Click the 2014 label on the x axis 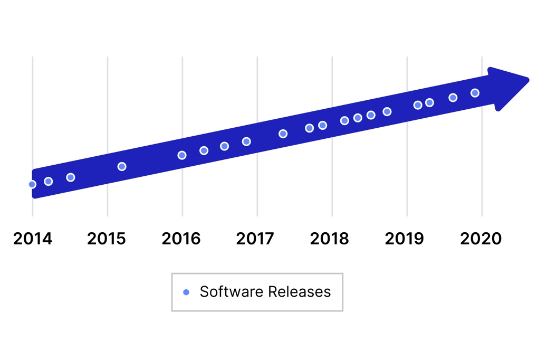33,239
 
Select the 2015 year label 107,239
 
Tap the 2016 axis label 181,239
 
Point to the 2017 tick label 255,239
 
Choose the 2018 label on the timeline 330,239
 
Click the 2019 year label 405,239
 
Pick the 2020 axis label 481,239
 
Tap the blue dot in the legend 186,292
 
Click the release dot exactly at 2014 32,184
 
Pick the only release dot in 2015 122,167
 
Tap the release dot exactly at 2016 182,155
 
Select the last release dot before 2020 475,93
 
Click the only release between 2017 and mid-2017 283,134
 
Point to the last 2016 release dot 246,141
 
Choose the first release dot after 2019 418,105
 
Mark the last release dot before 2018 323,126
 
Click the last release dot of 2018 387,112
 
